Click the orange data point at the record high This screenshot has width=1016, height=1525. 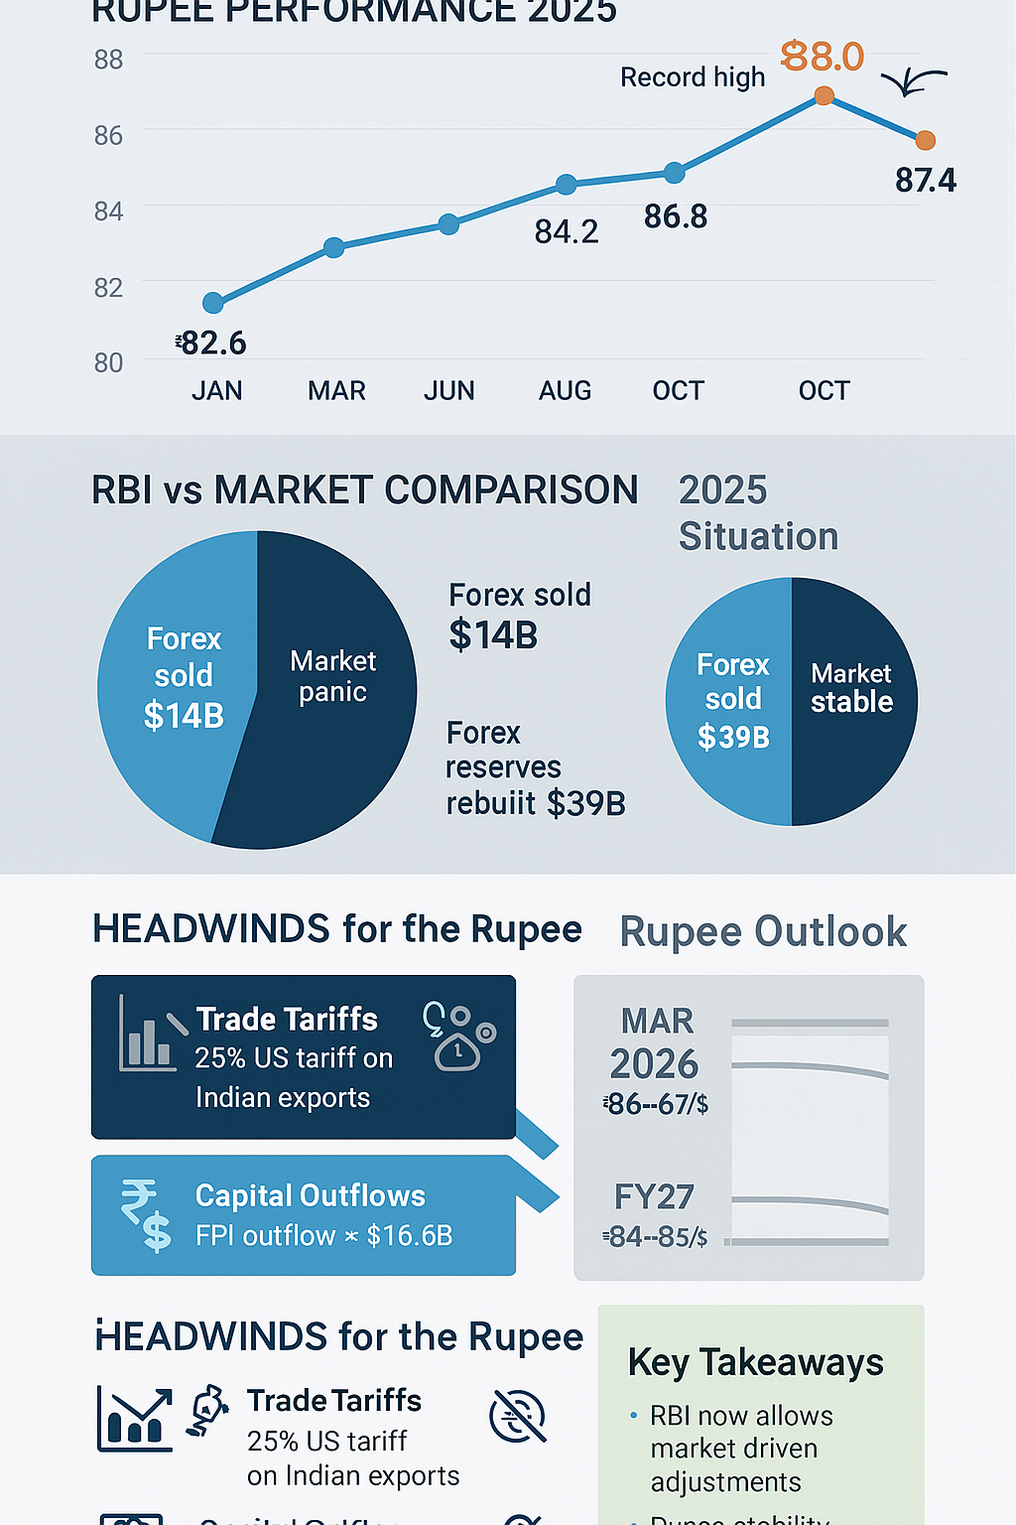pyautogui.click(x=824, y=95)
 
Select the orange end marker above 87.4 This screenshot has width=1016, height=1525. pyautogui.click(x=925, y=140)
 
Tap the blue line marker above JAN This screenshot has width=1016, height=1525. pyautogui.click(x=213, y=303)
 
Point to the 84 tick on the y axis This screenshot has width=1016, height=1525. pyautogui.click(x=109, y=211)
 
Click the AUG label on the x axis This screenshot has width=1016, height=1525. pyautogui.click(x=565, y=391)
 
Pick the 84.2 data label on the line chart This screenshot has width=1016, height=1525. pyautogui.click(x=567, y=232)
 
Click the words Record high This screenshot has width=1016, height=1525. pyautogui.click(x=693, y=77)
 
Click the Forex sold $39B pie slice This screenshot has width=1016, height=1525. pyautogui.click(x=732, y=700)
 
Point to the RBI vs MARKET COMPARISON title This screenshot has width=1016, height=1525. pyautogui.click(x=365, y=490)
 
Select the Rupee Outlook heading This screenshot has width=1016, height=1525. pyautogui.click(x=763, y=932)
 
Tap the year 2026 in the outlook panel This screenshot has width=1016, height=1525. pyautogui.click(x=654, y=1064)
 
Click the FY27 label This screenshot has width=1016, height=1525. pyautogui.click(x=654, y=1197)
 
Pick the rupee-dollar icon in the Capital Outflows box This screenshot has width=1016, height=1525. pyautogui.click(x=146, y=1213)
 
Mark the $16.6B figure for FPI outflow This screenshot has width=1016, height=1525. pyautogui.click(x=410, y=1236)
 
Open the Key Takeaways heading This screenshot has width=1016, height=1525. pyautogui.click(x=755, y=1363)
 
